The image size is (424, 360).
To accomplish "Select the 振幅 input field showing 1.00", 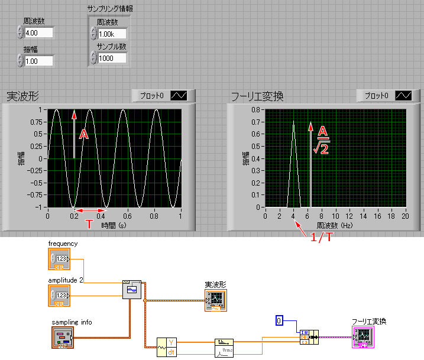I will pyautogui.click(x=38, y=60).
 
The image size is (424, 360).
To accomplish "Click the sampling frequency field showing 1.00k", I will pyautogui.click(x=112, y=34).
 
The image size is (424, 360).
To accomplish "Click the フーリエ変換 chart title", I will pyautogui.click(x=257, y=96).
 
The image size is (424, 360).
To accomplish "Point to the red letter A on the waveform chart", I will pyautogui.click(x=84, y=135).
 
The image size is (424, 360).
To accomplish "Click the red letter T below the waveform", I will pyautogui.click(x=89, y=224).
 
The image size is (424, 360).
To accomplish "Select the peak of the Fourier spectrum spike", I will pyautogui.click(x=294, y=122).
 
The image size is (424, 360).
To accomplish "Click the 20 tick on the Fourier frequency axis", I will pyautogui.click(x=406, y=216).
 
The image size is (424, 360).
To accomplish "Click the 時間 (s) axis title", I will pyautogui.click(x=114, y=225).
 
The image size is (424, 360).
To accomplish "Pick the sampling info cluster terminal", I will pyautogui.click(x=63, y=338).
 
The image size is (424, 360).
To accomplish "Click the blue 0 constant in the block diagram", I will pyautogui.click(x=280, y=320).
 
